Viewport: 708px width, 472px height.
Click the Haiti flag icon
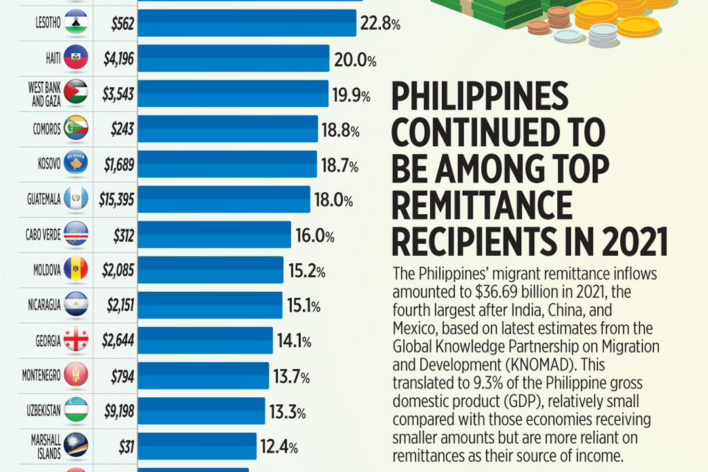tap(75, 58)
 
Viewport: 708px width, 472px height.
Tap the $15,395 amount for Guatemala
tap(117, 199)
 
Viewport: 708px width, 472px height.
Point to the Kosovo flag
tap(75, 164)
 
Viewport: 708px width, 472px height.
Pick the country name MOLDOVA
tap(47, 270)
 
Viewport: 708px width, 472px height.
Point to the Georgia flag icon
tap(75, 341)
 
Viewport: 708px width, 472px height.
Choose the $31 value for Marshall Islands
tap(127, 447)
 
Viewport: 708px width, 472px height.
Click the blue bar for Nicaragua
tap(210, 305)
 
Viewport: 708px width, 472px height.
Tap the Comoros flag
tap(75, 128)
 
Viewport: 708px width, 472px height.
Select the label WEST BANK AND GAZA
tap(45, 94)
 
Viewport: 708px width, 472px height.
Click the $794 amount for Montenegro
tap(122, 376)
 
